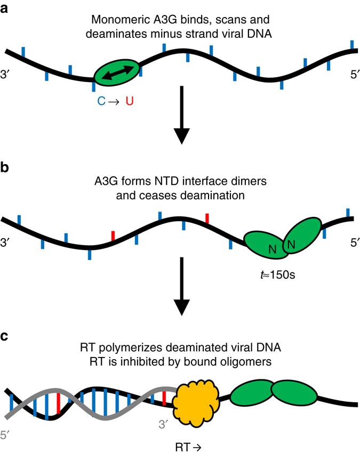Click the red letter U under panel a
coord(129,100)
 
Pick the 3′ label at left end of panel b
coord(7,242)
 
